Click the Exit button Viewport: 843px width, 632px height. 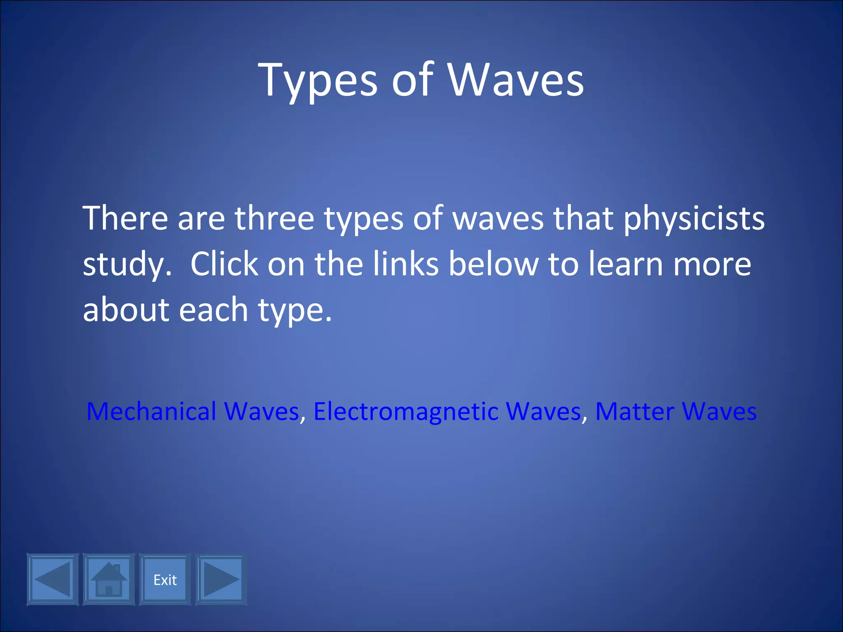165,580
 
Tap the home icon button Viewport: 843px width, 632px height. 109,580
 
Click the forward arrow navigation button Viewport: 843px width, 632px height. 221,580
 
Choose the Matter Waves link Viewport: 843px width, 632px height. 676,411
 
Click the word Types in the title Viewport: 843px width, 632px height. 317,80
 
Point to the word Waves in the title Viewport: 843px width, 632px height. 515,80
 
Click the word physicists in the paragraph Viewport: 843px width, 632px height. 694,218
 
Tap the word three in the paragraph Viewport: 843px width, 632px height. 274,218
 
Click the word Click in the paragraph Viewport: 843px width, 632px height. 224,264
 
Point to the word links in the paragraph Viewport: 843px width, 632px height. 406,264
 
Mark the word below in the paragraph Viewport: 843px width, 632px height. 493,264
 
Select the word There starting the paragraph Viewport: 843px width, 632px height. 125,218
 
